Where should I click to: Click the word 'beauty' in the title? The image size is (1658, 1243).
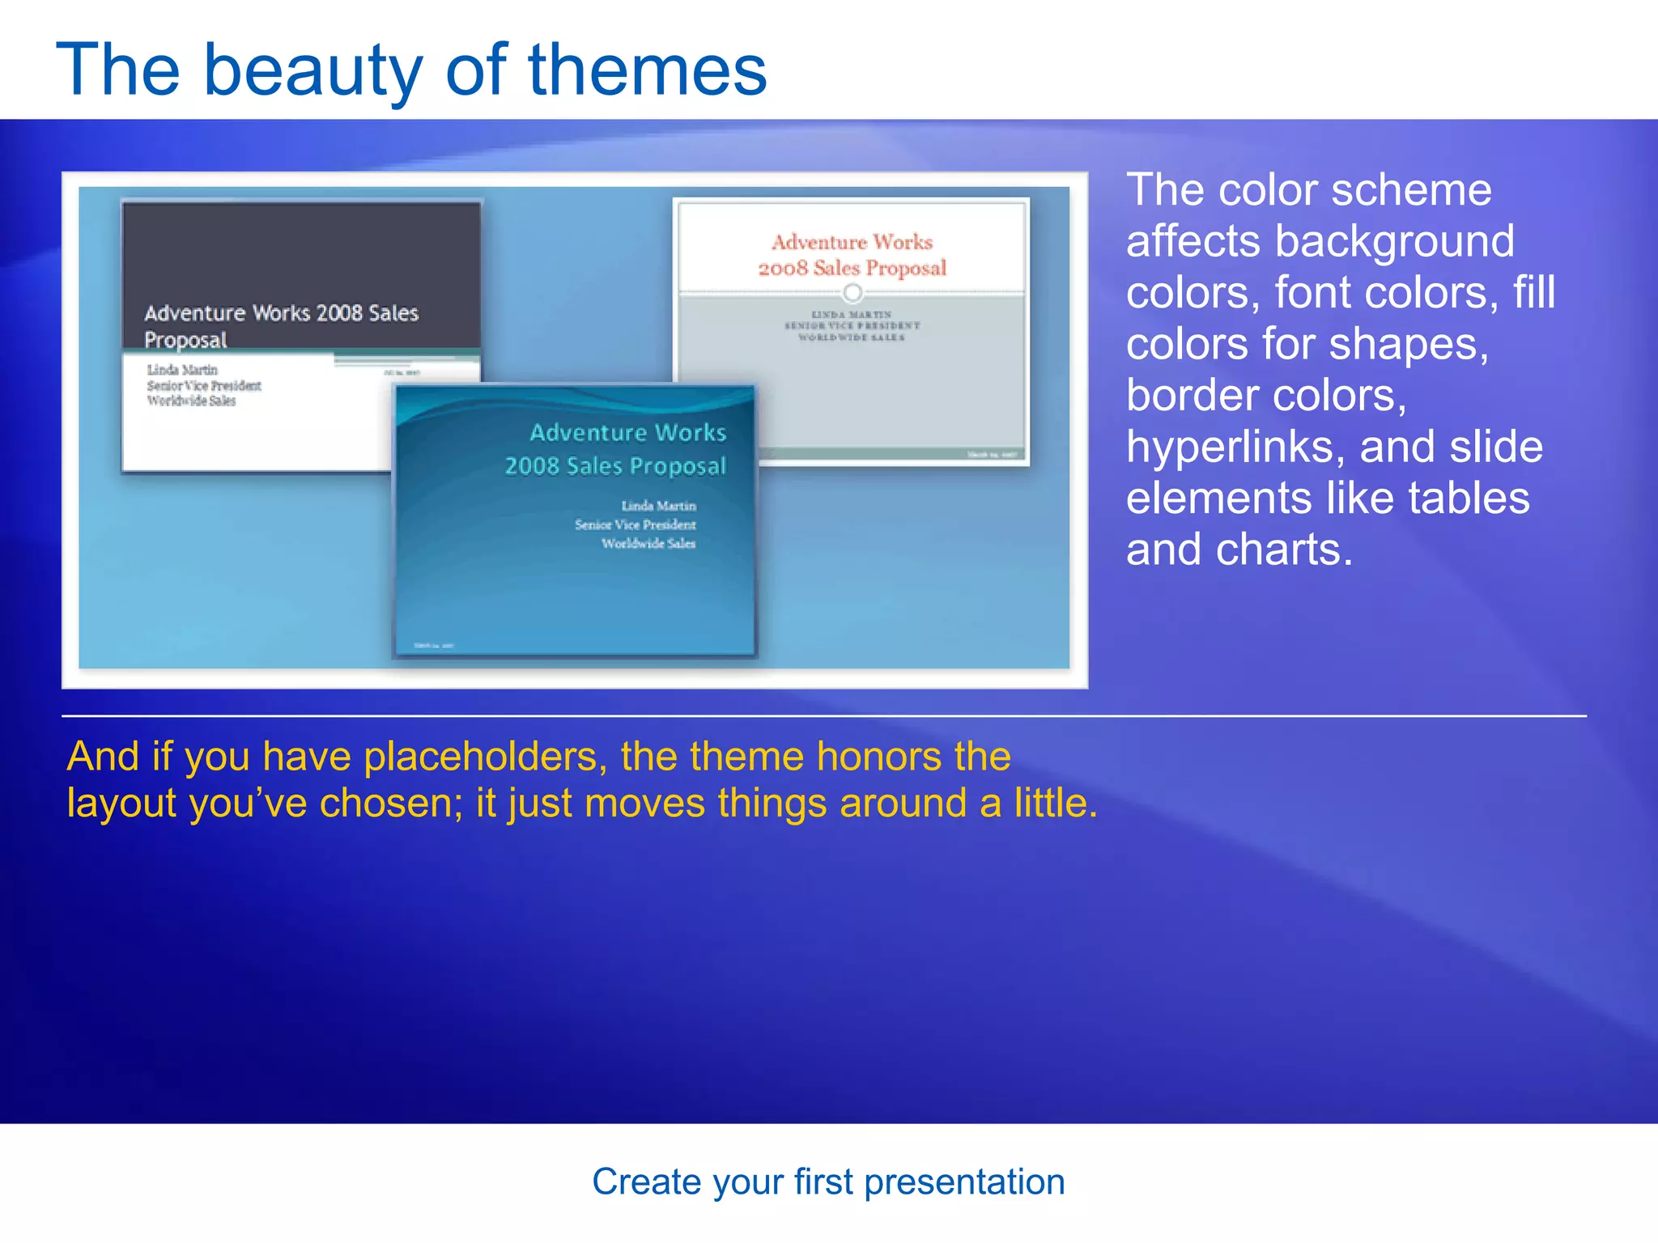tap(312, 71)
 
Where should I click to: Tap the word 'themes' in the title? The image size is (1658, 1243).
tap(647, 71)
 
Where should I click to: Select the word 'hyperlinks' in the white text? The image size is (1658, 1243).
tap(1235, 447)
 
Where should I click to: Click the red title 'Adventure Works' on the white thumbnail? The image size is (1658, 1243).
tap(852, 242)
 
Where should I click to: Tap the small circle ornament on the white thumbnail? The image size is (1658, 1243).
tap(852, 292)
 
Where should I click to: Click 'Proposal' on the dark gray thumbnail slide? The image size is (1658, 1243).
tap(185, 340)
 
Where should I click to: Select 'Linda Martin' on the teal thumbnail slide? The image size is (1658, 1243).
tap(658, 506)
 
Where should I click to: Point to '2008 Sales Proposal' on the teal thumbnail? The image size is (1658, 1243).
tap(615, 466)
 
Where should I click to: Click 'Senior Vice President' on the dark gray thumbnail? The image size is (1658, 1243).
tap(204, 386)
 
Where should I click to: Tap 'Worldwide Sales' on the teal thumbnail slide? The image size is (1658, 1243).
tap(648, 544)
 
